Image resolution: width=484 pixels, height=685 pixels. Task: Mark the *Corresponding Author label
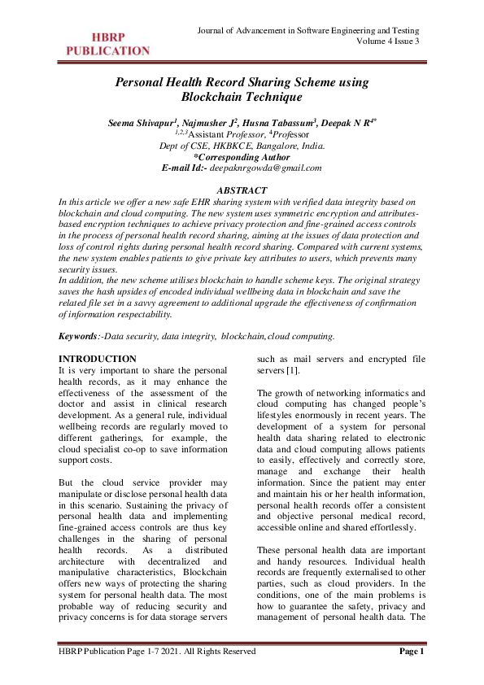pyautogui.click(x=242, y=157)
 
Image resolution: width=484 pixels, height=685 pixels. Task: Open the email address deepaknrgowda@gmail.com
pyautogui.click(x=266, y=168)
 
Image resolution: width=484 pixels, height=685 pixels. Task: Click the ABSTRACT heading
pyautogui.click(x=242, y=189)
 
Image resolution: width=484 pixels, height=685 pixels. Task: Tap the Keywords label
pyautogui.click(x=79, y=336)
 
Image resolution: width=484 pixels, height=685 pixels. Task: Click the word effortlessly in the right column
pyautogui.click(x=387, y=503)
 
